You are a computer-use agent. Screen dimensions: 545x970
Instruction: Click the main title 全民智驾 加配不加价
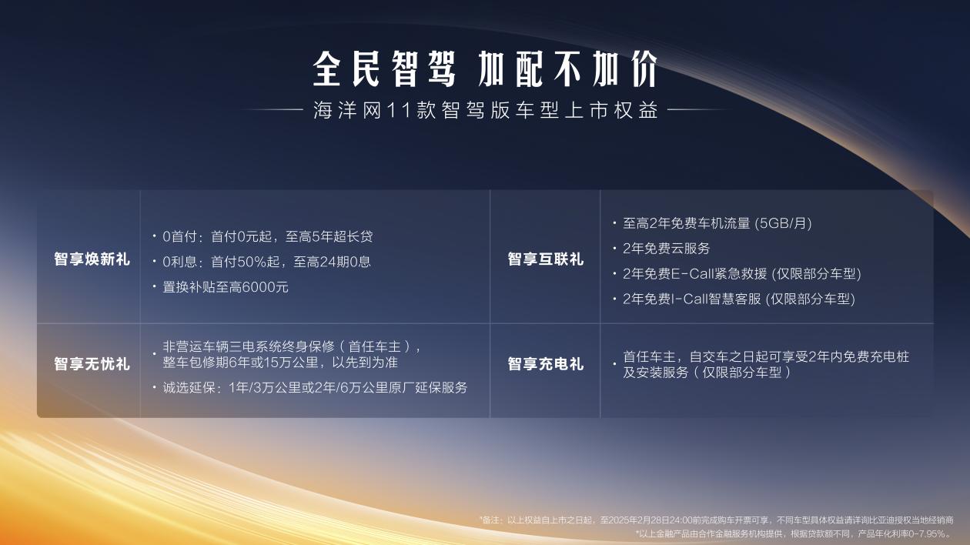(x=485, y=69)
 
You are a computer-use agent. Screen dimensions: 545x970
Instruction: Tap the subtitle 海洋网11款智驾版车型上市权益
(x=485, y=110)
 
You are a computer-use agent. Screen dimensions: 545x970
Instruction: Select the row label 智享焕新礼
(x=92, y=259)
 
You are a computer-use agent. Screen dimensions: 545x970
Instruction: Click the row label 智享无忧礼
(x=92, y=363)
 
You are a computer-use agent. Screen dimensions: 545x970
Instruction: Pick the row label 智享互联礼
(x=545, y=259)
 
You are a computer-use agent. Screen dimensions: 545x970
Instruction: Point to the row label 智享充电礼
(x=545, y=363)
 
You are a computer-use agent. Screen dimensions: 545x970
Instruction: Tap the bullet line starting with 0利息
(x=266, y=262)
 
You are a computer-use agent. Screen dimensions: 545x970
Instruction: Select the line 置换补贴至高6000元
(x=225, y=287)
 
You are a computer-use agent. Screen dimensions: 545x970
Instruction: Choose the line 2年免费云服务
(x=666, y=249)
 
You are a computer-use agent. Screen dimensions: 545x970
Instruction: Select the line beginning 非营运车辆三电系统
(x=291, y=346)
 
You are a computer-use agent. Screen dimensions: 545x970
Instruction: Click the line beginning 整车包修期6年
(x=279, y=362)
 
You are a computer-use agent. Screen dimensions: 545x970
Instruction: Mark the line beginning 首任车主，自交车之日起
(x=765, y=357)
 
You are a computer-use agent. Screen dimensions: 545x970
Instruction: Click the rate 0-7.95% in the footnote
(x=928, y=533)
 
